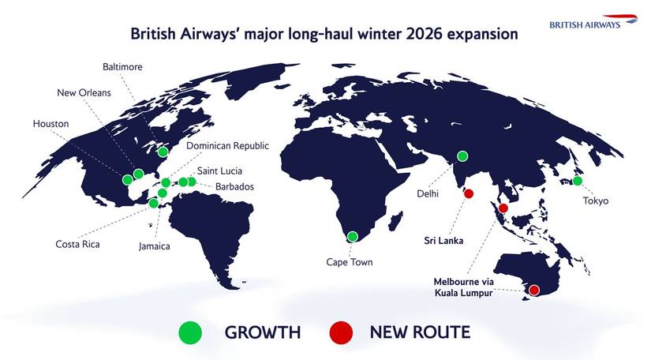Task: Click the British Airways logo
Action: [597, 21]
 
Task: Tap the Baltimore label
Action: [123, 67]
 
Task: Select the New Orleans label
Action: [84, 93]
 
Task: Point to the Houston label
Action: [51, 124]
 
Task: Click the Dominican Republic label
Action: [228, 146]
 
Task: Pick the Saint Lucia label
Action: [219, 171]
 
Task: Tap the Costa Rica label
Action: [77, 243]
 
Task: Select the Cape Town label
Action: [349, 262]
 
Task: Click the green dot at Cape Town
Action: [352, 236]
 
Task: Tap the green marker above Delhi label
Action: [462, 156]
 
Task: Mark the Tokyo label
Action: [597, 201]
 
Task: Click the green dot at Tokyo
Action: [578, 181]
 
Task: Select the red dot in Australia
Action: [533, 290]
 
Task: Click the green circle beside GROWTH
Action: [190, 332]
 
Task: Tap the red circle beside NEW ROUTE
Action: [342, 332]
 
